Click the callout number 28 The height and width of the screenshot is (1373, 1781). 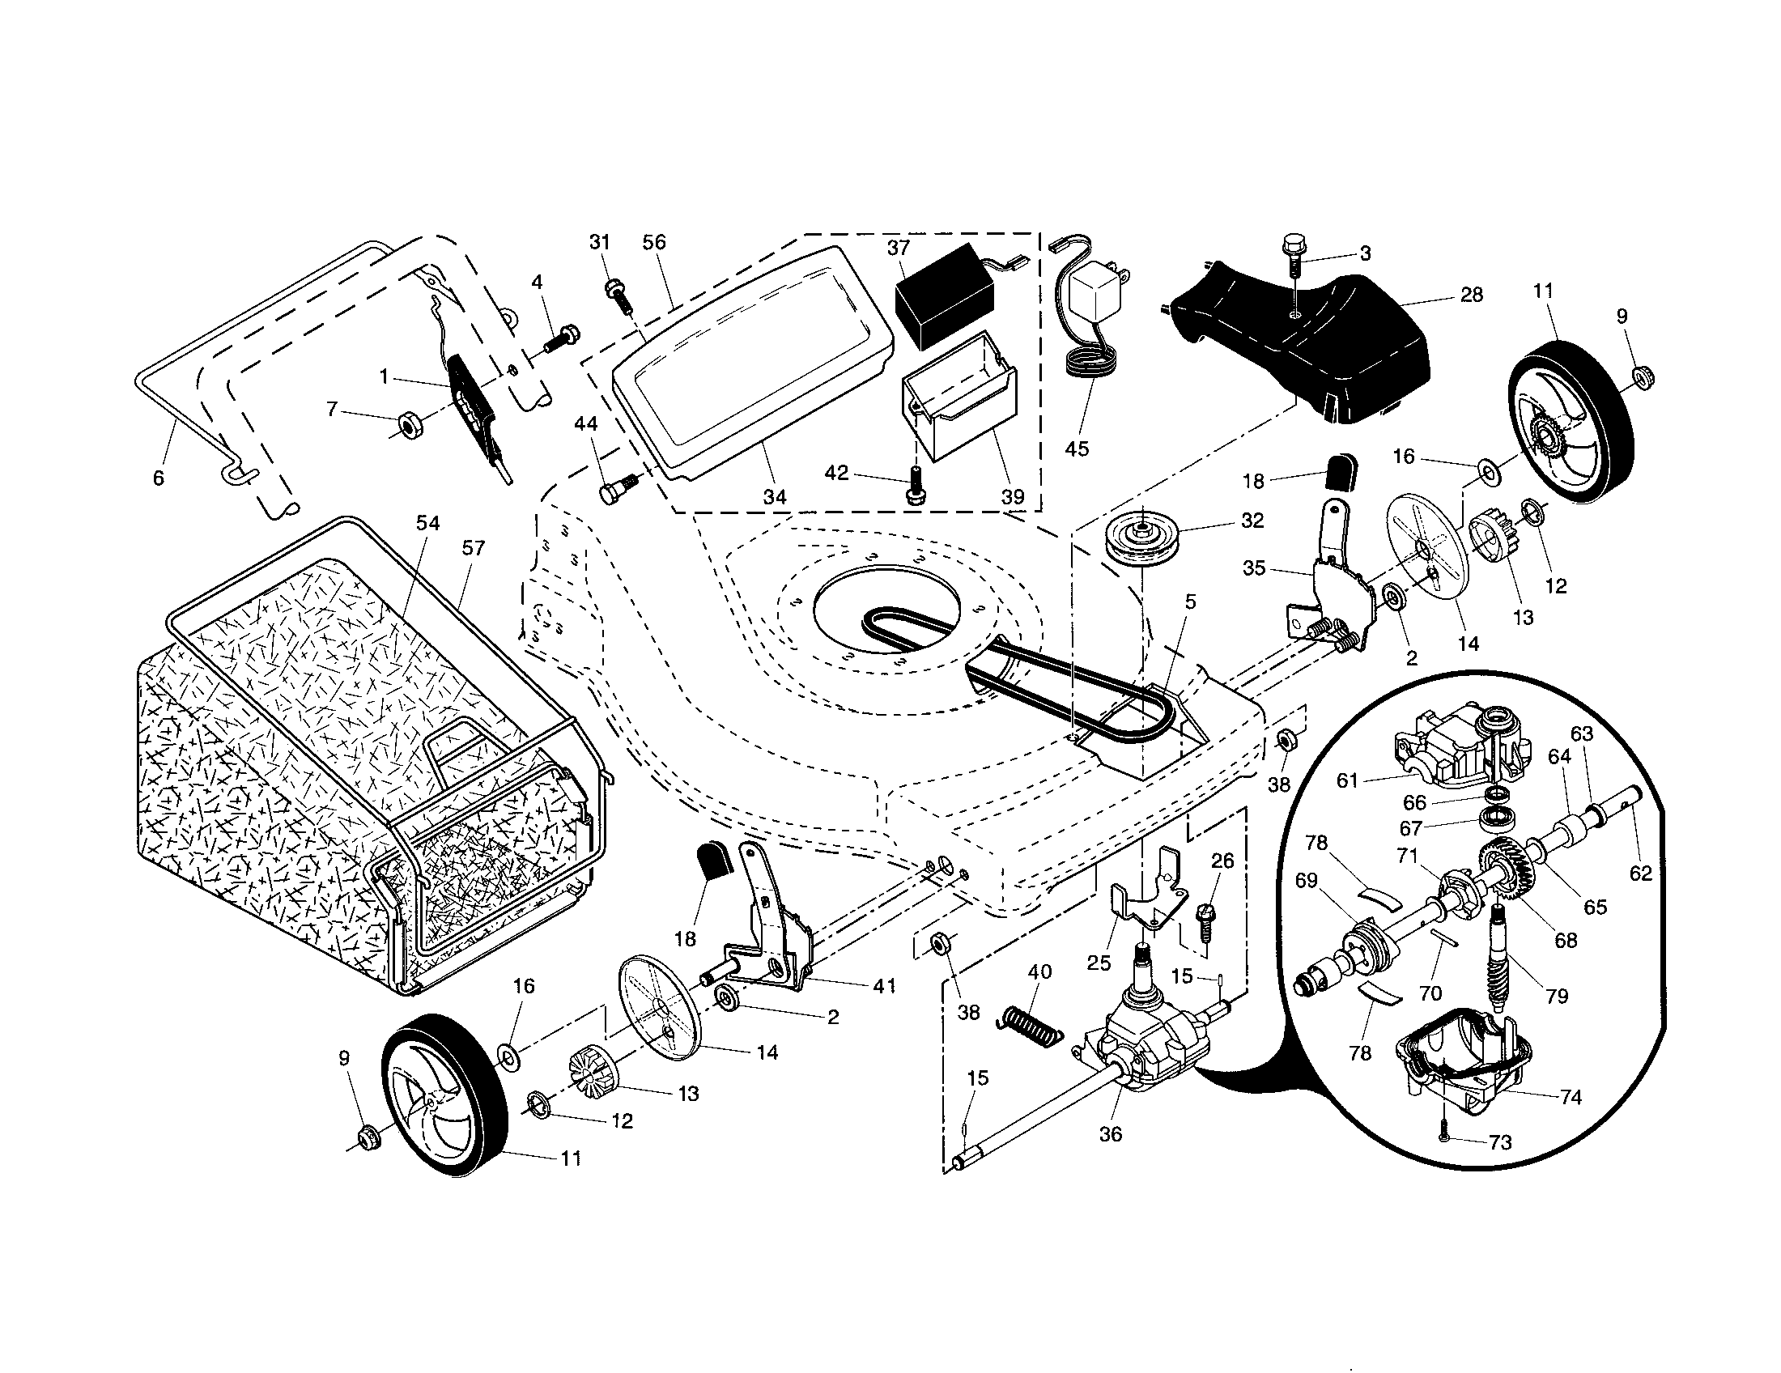(1471, 295)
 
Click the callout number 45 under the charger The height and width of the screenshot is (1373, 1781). (1077, 449)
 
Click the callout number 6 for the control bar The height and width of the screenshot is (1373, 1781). (158, 478)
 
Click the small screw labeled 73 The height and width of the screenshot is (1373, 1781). (1443, 1138)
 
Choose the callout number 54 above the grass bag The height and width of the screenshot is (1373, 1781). (427, 523)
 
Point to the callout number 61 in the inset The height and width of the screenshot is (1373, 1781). (1347, 780)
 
